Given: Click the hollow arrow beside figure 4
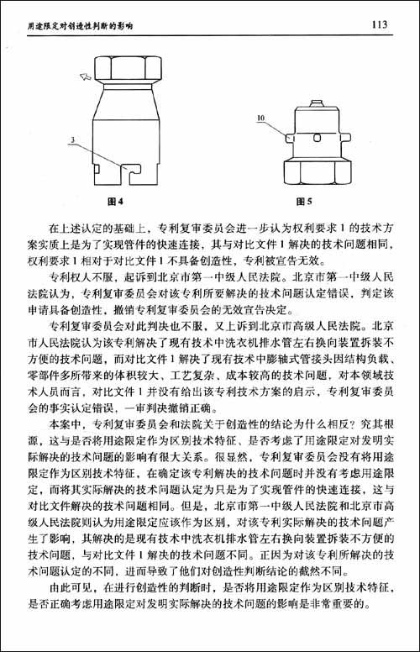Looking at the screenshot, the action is tap(85, 78).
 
